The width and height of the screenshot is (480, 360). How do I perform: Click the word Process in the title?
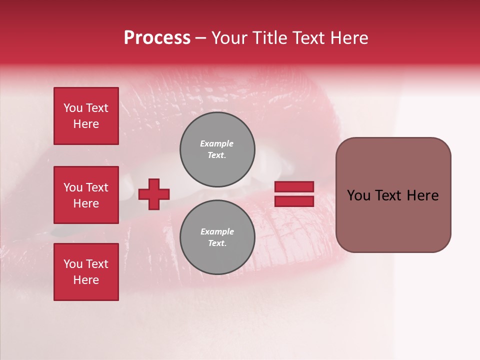coord(157,38)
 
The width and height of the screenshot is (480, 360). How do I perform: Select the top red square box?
coord(86,116)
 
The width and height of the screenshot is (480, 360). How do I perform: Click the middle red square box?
coord(86,195)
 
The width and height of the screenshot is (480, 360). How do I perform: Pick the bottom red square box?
coord(86,272)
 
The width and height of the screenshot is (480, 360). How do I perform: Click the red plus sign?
coord(154,194)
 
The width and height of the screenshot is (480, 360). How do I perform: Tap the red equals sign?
coord(294,194)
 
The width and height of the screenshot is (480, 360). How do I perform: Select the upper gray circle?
coord(217,149)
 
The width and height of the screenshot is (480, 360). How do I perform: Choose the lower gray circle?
coord(217,237)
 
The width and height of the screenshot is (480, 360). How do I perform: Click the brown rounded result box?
coord(393,195)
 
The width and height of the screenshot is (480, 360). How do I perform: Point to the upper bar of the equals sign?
coord(294,187)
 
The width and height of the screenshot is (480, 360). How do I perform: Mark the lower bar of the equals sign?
coord(294,201)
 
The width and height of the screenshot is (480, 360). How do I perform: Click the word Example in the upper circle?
coord(217,143)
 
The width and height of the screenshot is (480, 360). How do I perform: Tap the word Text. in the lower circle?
coord(217,243)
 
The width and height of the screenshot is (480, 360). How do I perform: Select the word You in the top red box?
coord(73,108)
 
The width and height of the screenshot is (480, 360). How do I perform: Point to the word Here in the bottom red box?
coord(86,280)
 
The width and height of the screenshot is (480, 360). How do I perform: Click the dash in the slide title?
coord(201,38)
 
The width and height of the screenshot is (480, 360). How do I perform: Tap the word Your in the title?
coord(229,38)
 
